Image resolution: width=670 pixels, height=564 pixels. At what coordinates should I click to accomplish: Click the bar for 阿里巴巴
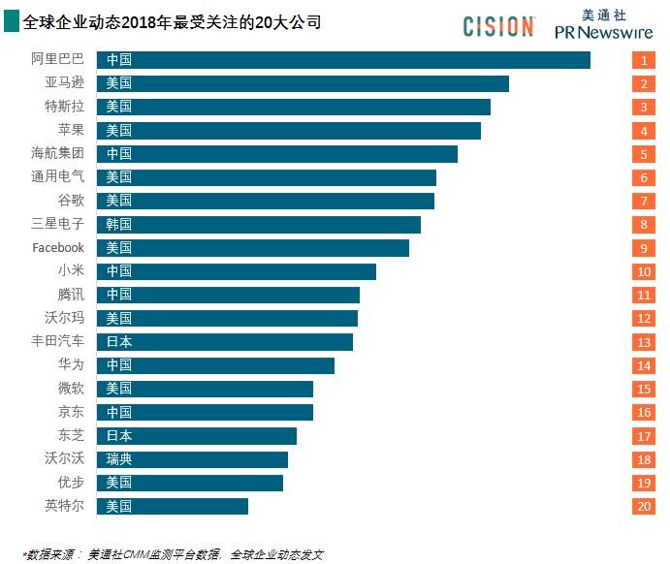point(343,60)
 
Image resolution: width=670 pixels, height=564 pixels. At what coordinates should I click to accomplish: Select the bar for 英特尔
point(172,506)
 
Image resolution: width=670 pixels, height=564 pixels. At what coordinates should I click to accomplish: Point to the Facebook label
point(58,248)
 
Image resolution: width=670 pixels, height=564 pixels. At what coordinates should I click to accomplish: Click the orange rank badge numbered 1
point(643,60)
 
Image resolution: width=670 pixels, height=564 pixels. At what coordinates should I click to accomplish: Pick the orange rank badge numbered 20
point(643,506)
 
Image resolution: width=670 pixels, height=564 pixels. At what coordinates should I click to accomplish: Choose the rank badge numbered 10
point(643,271)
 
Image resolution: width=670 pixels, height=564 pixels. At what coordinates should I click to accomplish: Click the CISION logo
point(498,26)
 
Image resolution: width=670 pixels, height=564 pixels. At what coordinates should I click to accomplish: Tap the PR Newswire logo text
point(604,32)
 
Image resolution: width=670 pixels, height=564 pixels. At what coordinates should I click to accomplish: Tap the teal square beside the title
point(10,21)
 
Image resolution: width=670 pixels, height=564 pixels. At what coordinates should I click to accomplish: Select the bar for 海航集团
point(276,154)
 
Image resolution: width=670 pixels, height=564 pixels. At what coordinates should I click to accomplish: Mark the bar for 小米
point(236,271)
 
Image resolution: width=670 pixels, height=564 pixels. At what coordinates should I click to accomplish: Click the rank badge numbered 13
point(643,342)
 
